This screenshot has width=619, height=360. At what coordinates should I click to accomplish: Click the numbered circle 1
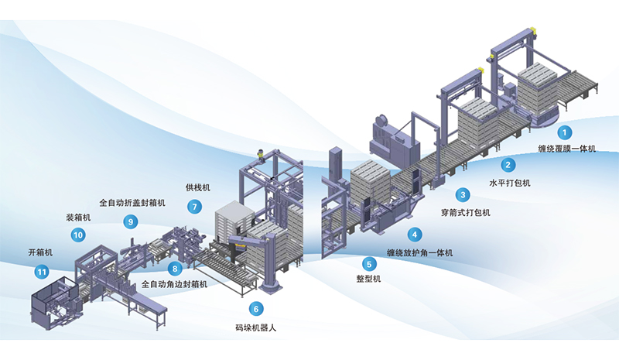tap(566, 133)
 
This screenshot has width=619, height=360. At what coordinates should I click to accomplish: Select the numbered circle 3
tap(463, 194)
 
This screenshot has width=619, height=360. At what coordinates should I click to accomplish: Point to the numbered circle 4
tap(416, 234)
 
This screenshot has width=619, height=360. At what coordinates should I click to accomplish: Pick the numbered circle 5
tap(370, 262)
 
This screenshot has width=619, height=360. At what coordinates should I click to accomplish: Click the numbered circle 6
tap(255, 309)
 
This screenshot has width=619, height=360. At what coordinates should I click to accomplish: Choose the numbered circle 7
tap(195, 207)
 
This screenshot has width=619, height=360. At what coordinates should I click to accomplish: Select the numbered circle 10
tap(78, 235)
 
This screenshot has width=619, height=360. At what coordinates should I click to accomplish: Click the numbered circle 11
tap(41, 271)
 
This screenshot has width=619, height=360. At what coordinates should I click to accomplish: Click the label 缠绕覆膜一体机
tap(566, 149)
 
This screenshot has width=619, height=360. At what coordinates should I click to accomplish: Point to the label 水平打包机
tap(508, 183)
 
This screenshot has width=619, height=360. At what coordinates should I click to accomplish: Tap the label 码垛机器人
tap(255, 327)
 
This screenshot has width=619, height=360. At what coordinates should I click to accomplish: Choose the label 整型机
tap(370, 279)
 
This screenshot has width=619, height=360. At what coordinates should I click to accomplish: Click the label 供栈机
tap(197, 188)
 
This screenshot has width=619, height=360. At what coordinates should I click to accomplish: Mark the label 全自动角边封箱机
tap(174, 285)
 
